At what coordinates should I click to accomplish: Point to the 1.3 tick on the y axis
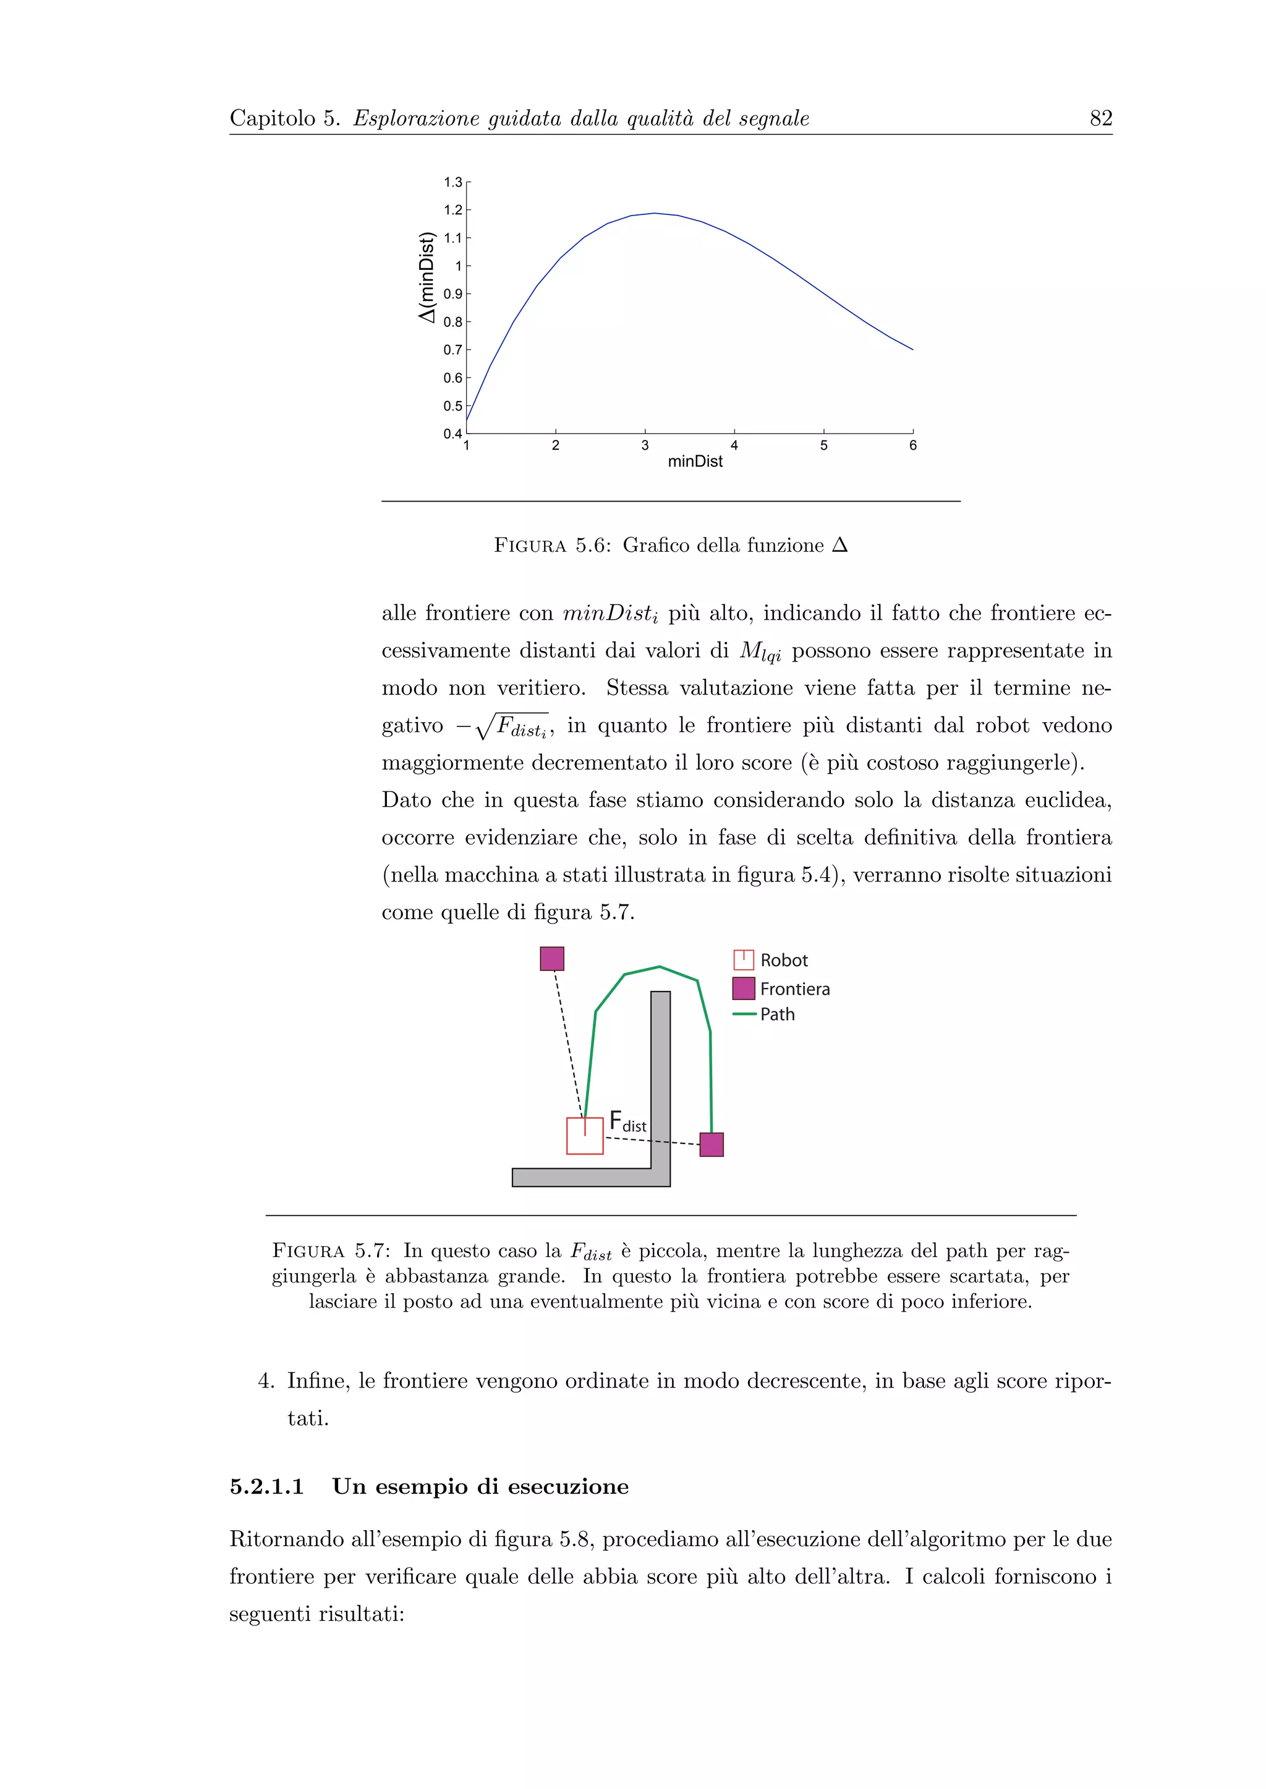(453, 182)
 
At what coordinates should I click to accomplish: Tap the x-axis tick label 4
(734, 445)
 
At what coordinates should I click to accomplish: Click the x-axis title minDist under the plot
(695, 461)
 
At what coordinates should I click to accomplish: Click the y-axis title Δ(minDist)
(426, 277)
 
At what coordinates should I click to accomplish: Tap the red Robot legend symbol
(744, 959)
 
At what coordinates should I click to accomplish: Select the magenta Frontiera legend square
(744, 988)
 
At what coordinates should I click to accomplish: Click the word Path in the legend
(777, 1014)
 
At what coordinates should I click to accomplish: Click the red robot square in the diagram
(585, 1136)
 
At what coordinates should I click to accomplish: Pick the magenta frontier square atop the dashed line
(552, 958)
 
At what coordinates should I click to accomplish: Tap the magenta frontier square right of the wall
(711, 1145)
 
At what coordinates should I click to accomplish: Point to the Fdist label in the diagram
(627, 1122)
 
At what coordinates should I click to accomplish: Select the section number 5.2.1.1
(266, 1487)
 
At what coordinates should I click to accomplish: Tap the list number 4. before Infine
(266, 1381)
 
